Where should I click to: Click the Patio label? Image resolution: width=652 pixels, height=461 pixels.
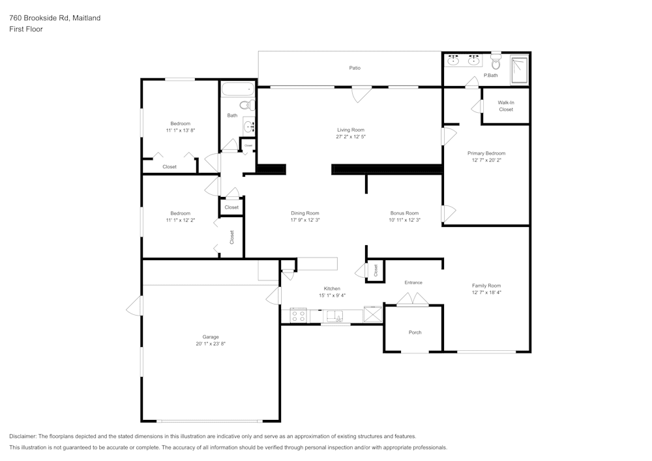pos(354,68)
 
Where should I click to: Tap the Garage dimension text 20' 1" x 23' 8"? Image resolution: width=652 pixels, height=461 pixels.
pos(210,344)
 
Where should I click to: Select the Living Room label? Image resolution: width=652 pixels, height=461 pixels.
pos(350,130)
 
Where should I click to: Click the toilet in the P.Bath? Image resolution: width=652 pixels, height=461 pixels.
pos(496,63)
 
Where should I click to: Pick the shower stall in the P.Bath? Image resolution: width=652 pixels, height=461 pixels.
pos(519,70)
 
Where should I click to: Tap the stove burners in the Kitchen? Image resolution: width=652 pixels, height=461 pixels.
pos(299,316)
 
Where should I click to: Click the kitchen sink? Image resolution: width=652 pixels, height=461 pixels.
pos(335,316)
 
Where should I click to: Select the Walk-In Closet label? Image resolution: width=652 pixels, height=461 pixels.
pos(506,106)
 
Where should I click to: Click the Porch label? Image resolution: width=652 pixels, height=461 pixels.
pos(415,333)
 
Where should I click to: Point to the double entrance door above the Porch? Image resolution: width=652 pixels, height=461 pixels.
pos(413,299)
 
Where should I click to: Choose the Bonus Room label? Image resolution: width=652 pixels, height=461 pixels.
pos(404,213)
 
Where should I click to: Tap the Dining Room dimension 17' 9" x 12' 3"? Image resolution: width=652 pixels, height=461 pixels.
pos(304,220)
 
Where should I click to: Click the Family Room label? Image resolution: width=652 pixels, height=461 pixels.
pos(486,286)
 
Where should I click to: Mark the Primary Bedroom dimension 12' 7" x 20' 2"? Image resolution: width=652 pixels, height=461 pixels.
pos(486,160)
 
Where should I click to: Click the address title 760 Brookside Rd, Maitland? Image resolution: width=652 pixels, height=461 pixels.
pos(55,18)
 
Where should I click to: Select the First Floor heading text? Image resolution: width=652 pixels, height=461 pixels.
pos(26,29)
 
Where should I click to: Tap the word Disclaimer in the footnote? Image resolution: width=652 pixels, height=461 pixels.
pos(23,436)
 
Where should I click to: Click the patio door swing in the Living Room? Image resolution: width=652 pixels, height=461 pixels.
pos(358,95)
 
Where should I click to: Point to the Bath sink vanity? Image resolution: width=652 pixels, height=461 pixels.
pos(248,125)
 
